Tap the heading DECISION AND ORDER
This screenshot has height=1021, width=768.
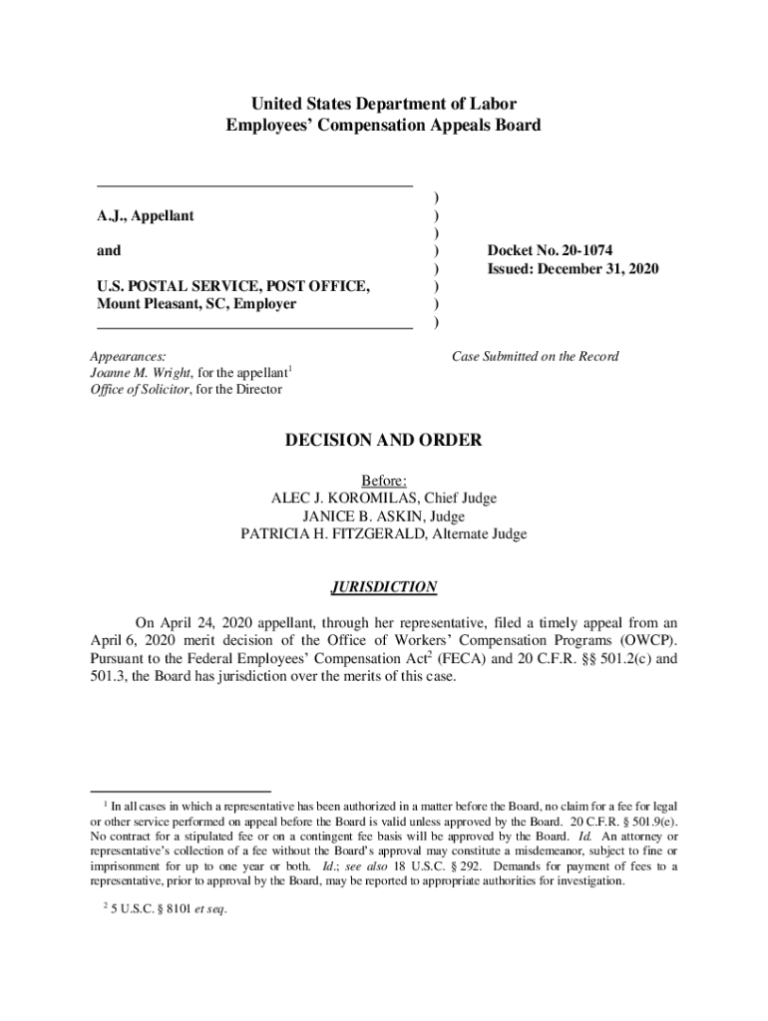(384, 440)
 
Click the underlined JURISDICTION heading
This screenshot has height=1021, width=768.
(384, 587)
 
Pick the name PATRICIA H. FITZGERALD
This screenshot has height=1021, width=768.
(332, 534)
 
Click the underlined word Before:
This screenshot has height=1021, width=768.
(384, 481)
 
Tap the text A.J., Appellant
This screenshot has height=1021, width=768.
(146, 215)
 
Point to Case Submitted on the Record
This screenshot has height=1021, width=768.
(535, 356)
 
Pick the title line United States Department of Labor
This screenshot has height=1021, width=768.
(384, 104)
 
